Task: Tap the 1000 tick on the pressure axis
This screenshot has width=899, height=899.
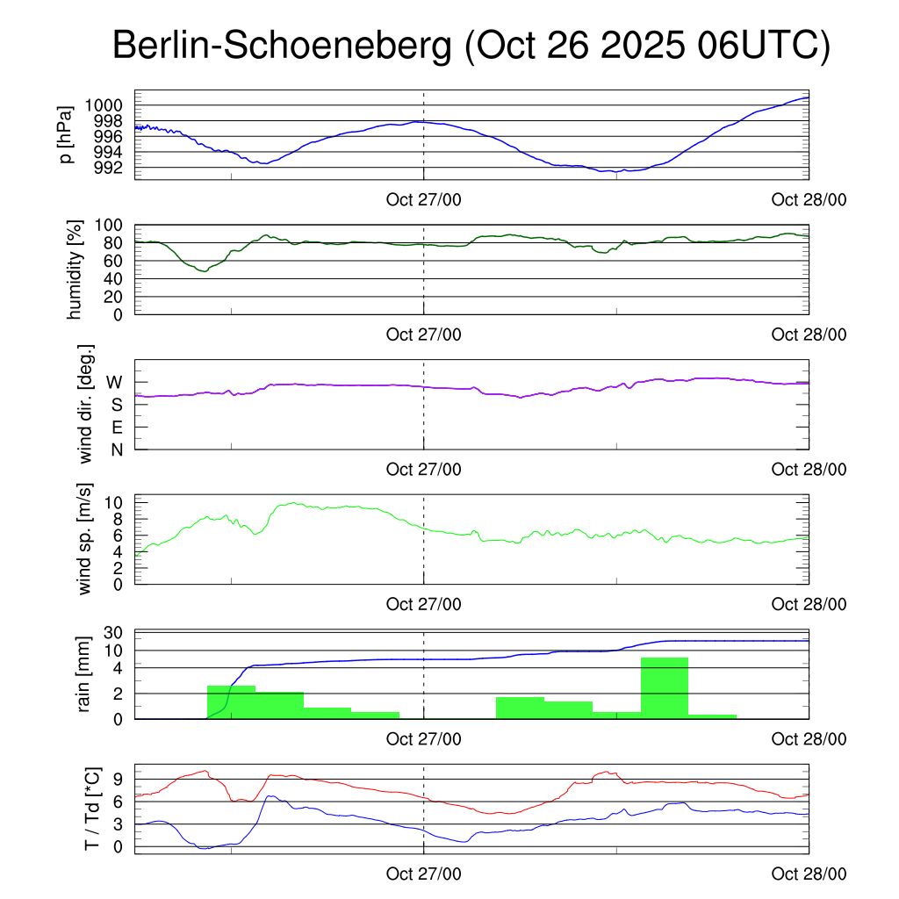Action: coord(109,105)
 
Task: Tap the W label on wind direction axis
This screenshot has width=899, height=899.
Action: coord(114,382)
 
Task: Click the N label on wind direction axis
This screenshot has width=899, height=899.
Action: coord(115,449)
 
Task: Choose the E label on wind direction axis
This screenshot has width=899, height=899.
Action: coord(115,427)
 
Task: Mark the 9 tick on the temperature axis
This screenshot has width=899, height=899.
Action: coord(119,779)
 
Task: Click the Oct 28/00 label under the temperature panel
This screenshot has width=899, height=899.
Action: coord(809,874)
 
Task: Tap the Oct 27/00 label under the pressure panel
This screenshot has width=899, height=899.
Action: coord(423,199)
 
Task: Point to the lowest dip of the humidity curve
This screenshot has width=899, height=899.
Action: coord(204,271)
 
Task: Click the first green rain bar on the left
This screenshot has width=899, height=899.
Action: coord(231,701)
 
